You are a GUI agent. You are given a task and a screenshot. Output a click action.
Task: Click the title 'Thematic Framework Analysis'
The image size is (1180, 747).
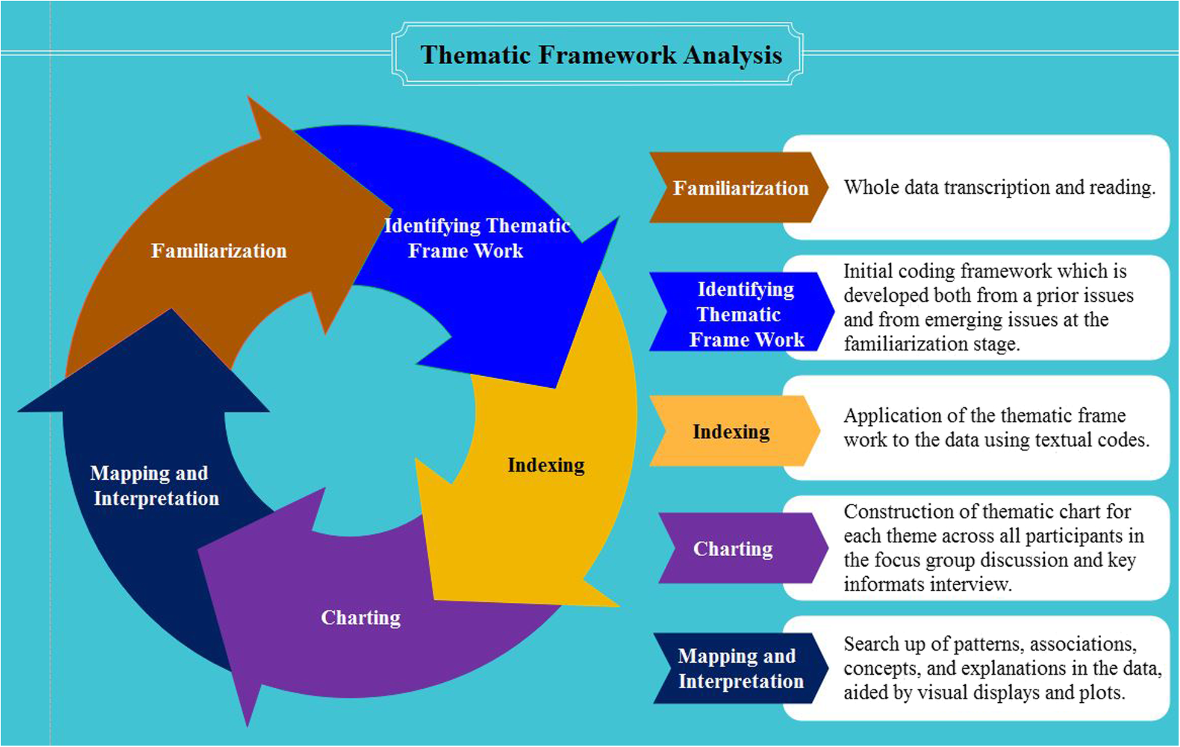pos(601,55)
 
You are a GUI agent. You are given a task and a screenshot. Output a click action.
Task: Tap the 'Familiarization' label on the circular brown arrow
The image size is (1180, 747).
pos(218,251)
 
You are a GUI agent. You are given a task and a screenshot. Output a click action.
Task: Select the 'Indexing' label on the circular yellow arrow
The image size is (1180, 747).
pos(546,465)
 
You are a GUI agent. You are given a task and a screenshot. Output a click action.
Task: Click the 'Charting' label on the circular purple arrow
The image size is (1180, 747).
pos(361,617)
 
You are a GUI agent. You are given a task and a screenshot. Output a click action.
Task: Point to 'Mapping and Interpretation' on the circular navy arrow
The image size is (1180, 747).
pos(154,485)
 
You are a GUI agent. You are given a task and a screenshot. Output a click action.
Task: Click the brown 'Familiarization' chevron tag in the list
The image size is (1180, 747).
pos(740,188)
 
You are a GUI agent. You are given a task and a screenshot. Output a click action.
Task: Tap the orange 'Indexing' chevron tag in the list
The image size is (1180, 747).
pos(731,431)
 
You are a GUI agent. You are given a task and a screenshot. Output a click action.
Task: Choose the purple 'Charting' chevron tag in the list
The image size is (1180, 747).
pos(733,548)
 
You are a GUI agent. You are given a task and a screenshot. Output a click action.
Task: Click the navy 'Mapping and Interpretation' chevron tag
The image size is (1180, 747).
pos(740,668)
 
